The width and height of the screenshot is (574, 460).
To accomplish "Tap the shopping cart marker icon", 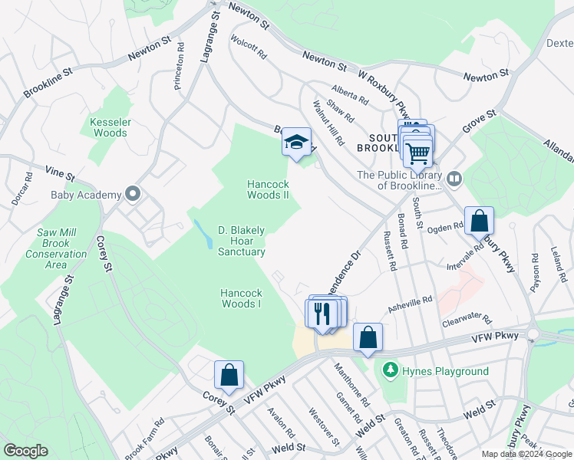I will pos(417,152).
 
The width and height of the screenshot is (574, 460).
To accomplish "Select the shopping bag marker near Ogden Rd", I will pos(479,221).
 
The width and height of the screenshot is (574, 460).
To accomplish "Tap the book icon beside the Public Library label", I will pos(454,179).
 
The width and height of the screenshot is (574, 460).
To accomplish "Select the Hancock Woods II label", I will pos(268,189).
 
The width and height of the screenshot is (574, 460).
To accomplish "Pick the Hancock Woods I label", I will pos(241,298).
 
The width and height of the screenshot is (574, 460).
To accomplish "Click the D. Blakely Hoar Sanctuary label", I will pos(242,241).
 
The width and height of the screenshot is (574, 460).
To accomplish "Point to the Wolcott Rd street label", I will pos(249,46).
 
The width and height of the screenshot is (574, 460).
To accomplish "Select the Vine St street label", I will pos(59,174).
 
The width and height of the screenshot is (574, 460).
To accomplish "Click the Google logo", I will pos(25,451).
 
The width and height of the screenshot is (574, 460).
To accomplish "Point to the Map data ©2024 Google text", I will pos(526,454).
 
